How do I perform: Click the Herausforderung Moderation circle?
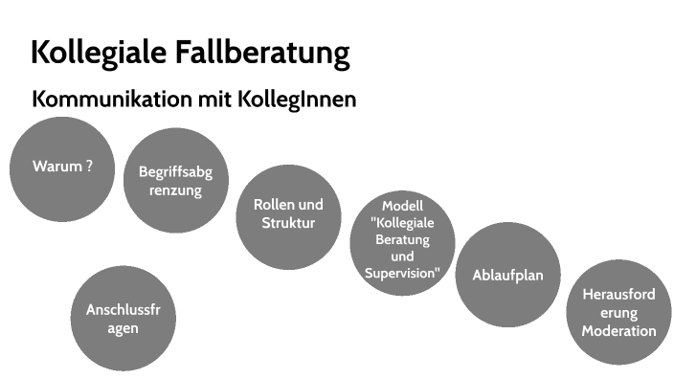pos(618,313)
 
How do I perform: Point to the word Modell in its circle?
pos(402,206)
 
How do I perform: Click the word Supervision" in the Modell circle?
pos(402,273)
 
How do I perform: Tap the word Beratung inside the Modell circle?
pos(402,239)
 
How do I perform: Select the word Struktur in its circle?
pos(288,223)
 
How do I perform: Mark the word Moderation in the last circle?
pos(618,331)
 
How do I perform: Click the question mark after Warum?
pos(89,166)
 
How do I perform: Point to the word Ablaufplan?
pos(507,275)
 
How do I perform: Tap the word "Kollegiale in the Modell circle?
pos(402,222)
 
